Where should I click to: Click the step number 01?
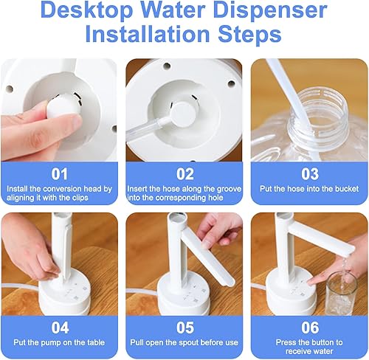[60, 173]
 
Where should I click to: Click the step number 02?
[184, 173]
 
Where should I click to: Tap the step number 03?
[309, 173]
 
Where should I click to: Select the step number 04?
[60, 328]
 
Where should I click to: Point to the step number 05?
[184, 328]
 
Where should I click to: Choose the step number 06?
[309, 328]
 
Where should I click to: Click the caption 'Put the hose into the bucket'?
[309, 189]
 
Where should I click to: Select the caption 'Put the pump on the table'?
[60, 343]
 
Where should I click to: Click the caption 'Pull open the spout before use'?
[184, 343]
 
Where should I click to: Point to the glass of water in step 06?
[340, 291]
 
